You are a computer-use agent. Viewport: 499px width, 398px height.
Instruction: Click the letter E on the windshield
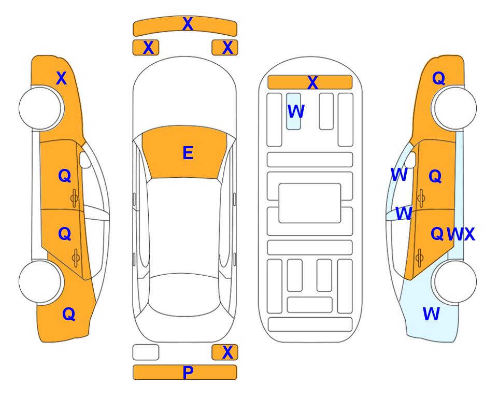(188, 153)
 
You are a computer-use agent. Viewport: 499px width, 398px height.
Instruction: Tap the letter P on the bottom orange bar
(188, 372)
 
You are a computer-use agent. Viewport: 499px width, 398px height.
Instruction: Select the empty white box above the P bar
(146, 352)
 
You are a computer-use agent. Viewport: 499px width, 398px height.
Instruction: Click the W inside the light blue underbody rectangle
(296, 111)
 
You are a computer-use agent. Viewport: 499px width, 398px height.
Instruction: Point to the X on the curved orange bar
(188, 24)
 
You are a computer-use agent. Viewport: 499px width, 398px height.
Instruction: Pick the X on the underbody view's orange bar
(312, 83)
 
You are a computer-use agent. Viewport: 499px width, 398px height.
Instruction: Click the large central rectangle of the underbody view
(310, 203)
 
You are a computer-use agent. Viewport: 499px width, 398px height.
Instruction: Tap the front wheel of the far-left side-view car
(40, 108)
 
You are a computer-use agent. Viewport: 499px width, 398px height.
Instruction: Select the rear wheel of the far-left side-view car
(40, 281)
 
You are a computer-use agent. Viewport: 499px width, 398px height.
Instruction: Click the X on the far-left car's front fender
(62, 78)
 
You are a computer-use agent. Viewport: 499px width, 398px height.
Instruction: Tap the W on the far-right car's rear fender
(431, 314)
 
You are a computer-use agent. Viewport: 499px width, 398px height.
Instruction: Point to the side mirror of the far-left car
(85, 160)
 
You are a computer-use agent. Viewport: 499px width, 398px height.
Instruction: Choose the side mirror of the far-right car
(410, 160)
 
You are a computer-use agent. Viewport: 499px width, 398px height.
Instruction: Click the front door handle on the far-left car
(74, 198)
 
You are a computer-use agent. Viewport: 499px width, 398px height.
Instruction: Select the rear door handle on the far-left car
(76, 258)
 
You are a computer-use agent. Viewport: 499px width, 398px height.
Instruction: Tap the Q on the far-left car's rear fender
(69, 314)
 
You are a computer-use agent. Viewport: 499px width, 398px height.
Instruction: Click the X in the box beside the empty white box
(227, 352)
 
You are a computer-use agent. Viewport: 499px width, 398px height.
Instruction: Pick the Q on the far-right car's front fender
(438, 78)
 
